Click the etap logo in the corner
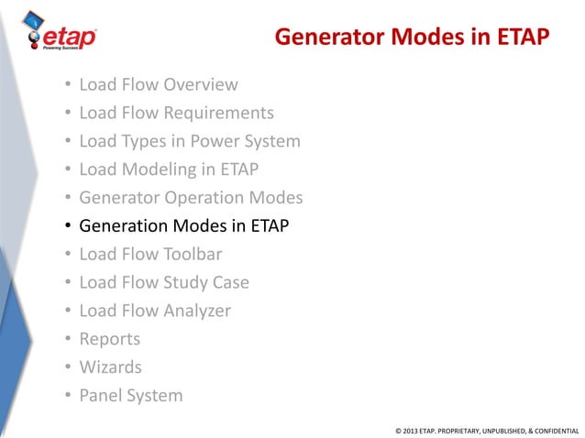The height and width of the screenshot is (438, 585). pos(67,35)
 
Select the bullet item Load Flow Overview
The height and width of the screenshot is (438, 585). pos(159,85)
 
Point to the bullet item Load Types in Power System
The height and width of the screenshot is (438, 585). pos(190,142)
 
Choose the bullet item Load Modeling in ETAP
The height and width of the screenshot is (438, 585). pos(169,170)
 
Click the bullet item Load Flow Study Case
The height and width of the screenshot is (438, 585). pos(164,282)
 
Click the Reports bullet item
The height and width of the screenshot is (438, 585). pos(110,339)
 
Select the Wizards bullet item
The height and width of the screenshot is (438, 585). pos(111,367)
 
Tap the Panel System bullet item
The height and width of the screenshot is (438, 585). pos(131,396)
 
